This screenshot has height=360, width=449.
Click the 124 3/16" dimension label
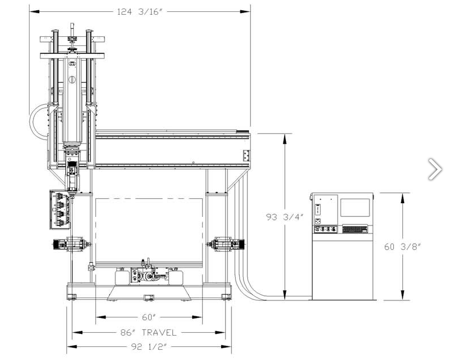[x=140, y=12]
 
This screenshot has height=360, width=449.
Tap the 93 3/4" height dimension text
[x=284, y=217]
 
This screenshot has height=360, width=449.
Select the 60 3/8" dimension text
[x=402, y=246]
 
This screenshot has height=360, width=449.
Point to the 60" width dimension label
[x=149, y=317]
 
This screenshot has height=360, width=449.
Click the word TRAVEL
[x=159, y=333]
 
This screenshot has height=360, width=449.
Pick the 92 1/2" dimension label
[x=149, y=346]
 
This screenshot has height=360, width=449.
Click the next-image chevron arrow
[x=435, y=169]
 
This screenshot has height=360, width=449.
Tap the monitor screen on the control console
[x=355, y=207]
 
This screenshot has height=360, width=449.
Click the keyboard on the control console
[x=355, y=229]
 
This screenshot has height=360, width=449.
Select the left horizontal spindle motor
[x=70, y=244]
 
